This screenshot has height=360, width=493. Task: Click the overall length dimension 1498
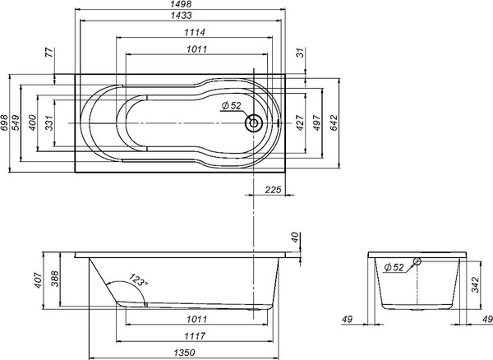point(182,5)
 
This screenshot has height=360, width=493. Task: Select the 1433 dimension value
point(182,16)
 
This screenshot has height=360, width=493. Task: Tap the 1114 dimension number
point(195,33)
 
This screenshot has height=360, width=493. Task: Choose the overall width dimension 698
point(5,123)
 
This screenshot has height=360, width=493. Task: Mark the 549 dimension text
point(16,123)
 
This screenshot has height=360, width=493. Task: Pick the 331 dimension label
point(49,123)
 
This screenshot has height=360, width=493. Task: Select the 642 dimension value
point(335,123)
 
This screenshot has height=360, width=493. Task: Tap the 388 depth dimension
point(56,279)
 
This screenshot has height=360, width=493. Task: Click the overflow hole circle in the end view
point(417,262)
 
